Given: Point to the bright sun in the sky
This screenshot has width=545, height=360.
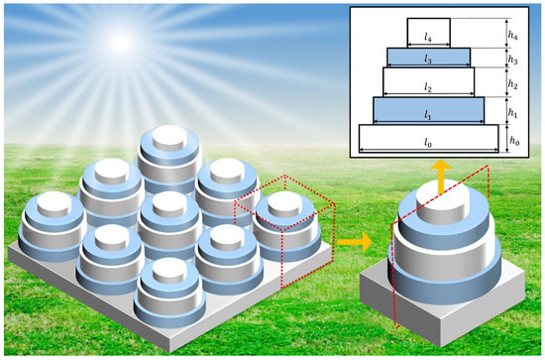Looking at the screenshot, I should [119, 43].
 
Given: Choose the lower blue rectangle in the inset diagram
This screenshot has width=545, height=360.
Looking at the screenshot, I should [428, 107].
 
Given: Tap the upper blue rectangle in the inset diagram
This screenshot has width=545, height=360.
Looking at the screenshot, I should [428, 56].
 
